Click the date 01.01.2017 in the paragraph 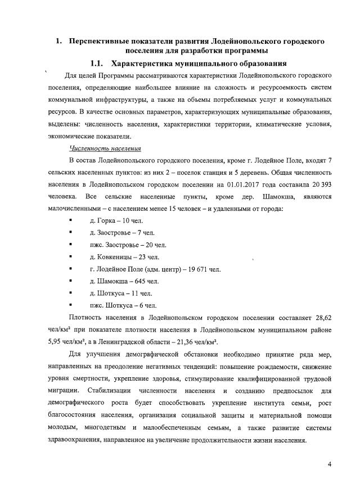coord(245,184)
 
